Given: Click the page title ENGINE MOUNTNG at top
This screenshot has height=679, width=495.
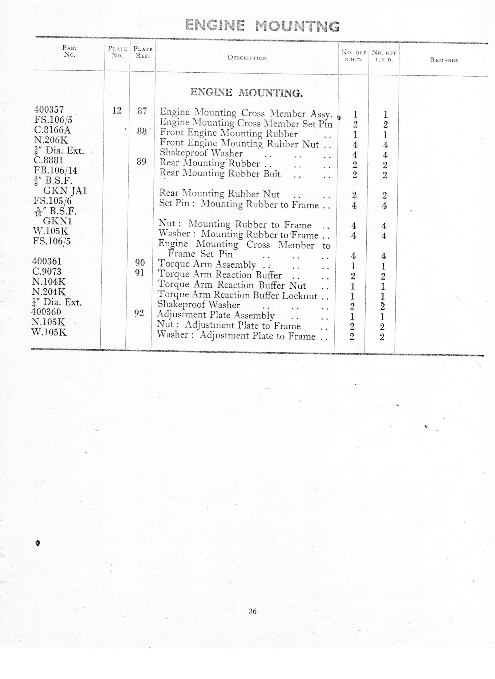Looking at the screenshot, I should [262, 26].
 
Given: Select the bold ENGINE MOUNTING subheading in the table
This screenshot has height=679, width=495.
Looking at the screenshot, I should [246, 93].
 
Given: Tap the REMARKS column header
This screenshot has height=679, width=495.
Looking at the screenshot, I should [444, 60].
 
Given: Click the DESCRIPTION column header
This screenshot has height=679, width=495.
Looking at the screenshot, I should [247, 58].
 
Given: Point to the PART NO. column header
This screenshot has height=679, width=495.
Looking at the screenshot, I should [70, 51].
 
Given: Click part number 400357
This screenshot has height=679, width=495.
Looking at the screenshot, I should [49, 109].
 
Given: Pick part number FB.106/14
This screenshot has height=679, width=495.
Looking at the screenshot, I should [56, 170].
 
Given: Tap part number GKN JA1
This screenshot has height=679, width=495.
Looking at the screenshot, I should [65, 191].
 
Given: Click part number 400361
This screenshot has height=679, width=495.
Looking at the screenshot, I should [47, 261].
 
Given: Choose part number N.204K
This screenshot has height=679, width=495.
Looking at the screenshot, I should [49, 292].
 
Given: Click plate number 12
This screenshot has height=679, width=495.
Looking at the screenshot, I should [117, 110].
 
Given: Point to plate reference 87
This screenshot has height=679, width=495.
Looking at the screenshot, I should [142, 111].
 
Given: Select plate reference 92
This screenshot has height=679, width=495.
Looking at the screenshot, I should [139, 313].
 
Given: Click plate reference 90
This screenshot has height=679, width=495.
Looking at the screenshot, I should [140, 263].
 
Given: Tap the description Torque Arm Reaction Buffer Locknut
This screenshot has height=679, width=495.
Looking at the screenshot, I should [237, 295].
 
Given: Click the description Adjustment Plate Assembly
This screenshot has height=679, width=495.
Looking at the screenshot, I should [216, 315].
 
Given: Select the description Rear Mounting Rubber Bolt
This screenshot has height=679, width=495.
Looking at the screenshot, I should [220, 174].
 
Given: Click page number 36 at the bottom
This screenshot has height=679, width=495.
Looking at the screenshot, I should [253, 611].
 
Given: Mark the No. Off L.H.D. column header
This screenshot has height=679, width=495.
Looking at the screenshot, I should [384, 56].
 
